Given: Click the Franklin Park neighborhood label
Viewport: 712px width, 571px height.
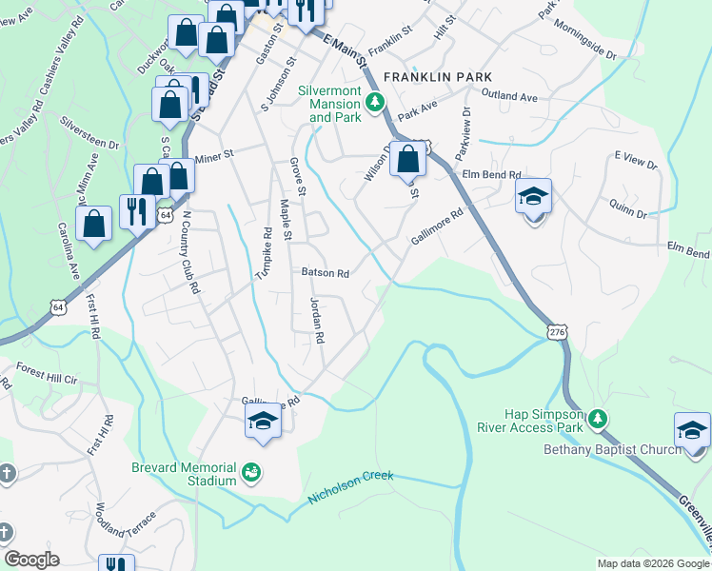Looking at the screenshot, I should pyautogui.click(x=438, y=75).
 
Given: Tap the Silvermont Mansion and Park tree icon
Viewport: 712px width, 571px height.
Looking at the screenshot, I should pyautogui.click(x=376, y=100).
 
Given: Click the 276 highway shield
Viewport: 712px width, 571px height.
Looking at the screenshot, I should pyautogui.click(x=558, y=330).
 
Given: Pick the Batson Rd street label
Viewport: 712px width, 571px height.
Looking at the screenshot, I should pyautogui.click(x=326, y=273).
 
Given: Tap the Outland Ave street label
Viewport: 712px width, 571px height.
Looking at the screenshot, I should pyautogui.click(x=509, y=96).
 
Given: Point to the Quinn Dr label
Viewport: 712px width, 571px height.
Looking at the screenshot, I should pyautogui.click(x=628, y=212).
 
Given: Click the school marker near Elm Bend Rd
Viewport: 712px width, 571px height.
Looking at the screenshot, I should pyautogui.click(x=534, y=198).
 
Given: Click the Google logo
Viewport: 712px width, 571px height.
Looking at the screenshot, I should pyautogui.click(x=31, y=560).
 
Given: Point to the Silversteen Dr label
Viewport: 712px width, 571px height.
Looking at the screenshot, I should pyautogui.click(x=89, y=134).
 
